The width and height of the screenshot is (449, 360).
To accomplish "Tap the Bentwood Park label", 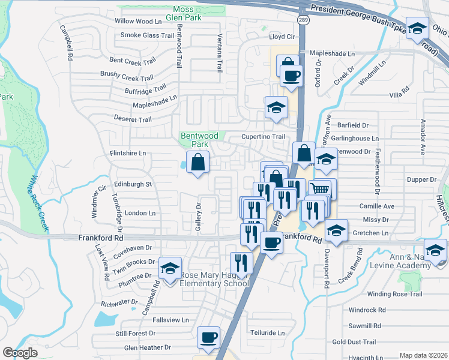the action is click(194, 140).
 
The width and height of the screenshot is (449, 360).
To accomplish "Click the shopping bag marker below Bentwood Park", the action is click(197, 162).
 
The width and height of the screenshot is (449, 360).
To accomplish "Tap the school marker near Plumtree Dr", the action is click(170, 269).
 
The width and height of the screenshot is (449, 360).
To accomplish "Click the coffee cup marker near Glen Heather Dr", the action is click(209, 338).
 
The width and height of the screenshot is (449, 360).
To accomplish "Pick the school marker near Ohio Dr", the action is click(417, 28).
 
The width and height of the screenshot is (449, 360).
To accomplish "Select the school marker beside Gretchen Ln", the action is click(336, 231).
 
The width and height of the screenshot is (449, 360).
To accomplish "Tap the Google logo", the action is click(20, 353).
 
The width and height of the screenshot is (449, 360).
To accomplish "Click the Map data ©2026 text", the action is click(423, 355).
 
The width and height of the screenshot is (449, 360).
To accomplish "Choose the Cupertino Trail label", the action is click(263, 137).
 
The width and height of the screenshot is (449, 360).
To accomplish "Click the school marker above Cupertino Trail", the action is click(276, 108).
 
